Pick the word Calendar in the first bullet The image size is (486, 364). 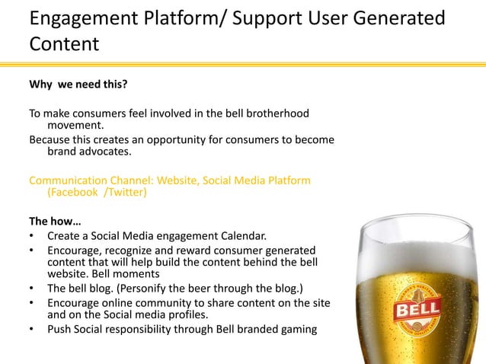click(243, 236)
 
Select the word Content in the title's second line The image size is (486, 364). click(64, 43)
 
